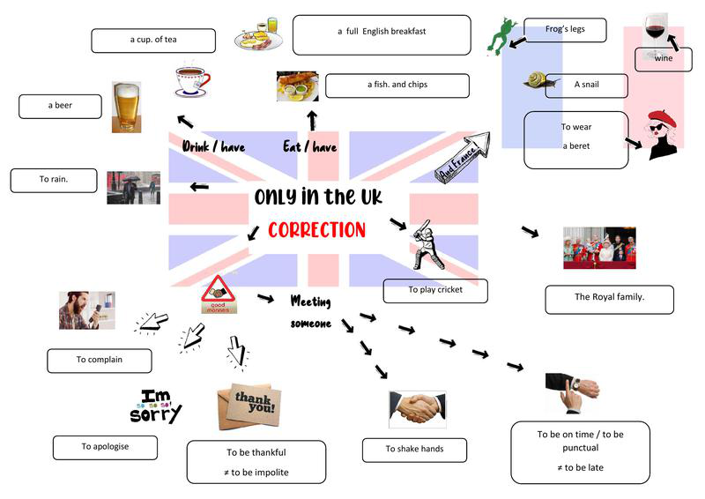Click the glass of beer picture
[126, 107]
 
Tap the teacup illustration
[191, 81]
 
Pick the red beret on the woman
[661, 118]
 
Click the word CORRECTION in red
[315, 230]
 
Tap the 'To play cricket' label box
[434, 290]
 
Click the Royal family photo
[599, 248]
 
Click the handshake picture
[417, 409]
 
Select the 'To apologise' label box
[105, 447]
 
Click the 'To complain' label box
[99, 360]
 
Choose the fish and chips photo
[297, 86]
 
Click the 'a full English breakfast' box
[381, 34]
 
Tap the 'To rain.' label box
[54, 180]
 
